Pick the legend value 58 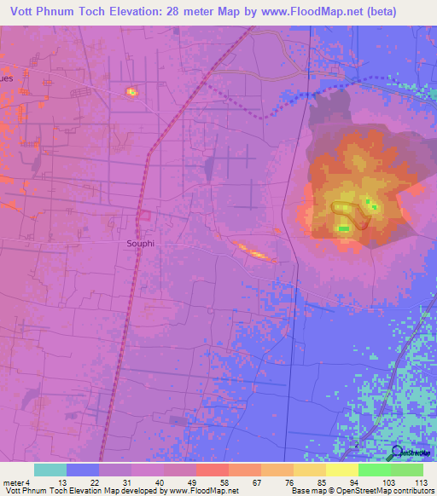pyautogui.click(x=224, y=481)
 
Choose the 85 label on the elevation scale pyautogui.click(x=321, y=481)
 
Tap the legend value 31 pyautogui.click(x=126, y=481)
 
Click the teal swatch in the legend pyautogui.click(x=50, y=470)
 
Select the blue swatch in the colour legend pyautogui.click(x=83, y=470)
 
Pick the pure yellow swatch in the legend pyautogui.click(x=341, y=470)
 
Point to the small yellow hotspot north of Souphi pyautogui.click(x=131, y=91)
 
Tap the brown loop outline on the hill pyautogui.click(x=351, y=216)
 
